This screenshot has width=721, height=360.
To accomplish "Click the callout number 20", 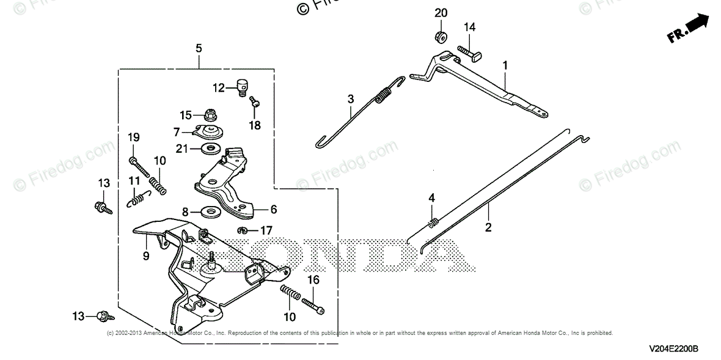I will (441, 13).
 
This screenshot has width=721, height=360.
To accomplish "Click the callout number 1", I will (505, 64).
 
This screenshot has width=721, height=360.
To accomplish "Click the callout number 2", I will (488, 227).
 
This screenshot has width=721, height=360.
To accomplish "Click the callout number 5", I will (199, 47).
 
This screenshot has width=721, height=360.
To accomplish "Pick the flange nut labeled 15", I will (210, 114).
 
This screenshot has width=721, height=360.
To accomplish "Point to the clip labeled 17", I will (241, 230).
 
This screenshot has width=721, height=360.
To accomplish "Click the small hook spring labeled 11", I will (139, 198).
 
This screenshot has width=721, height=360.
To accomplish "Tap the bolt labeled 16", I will (312, 303).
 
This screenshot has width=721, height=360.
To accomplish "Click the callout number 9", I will (146, 257).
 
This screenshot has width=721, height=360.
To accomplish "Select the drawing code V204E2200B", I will (673, 348).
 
